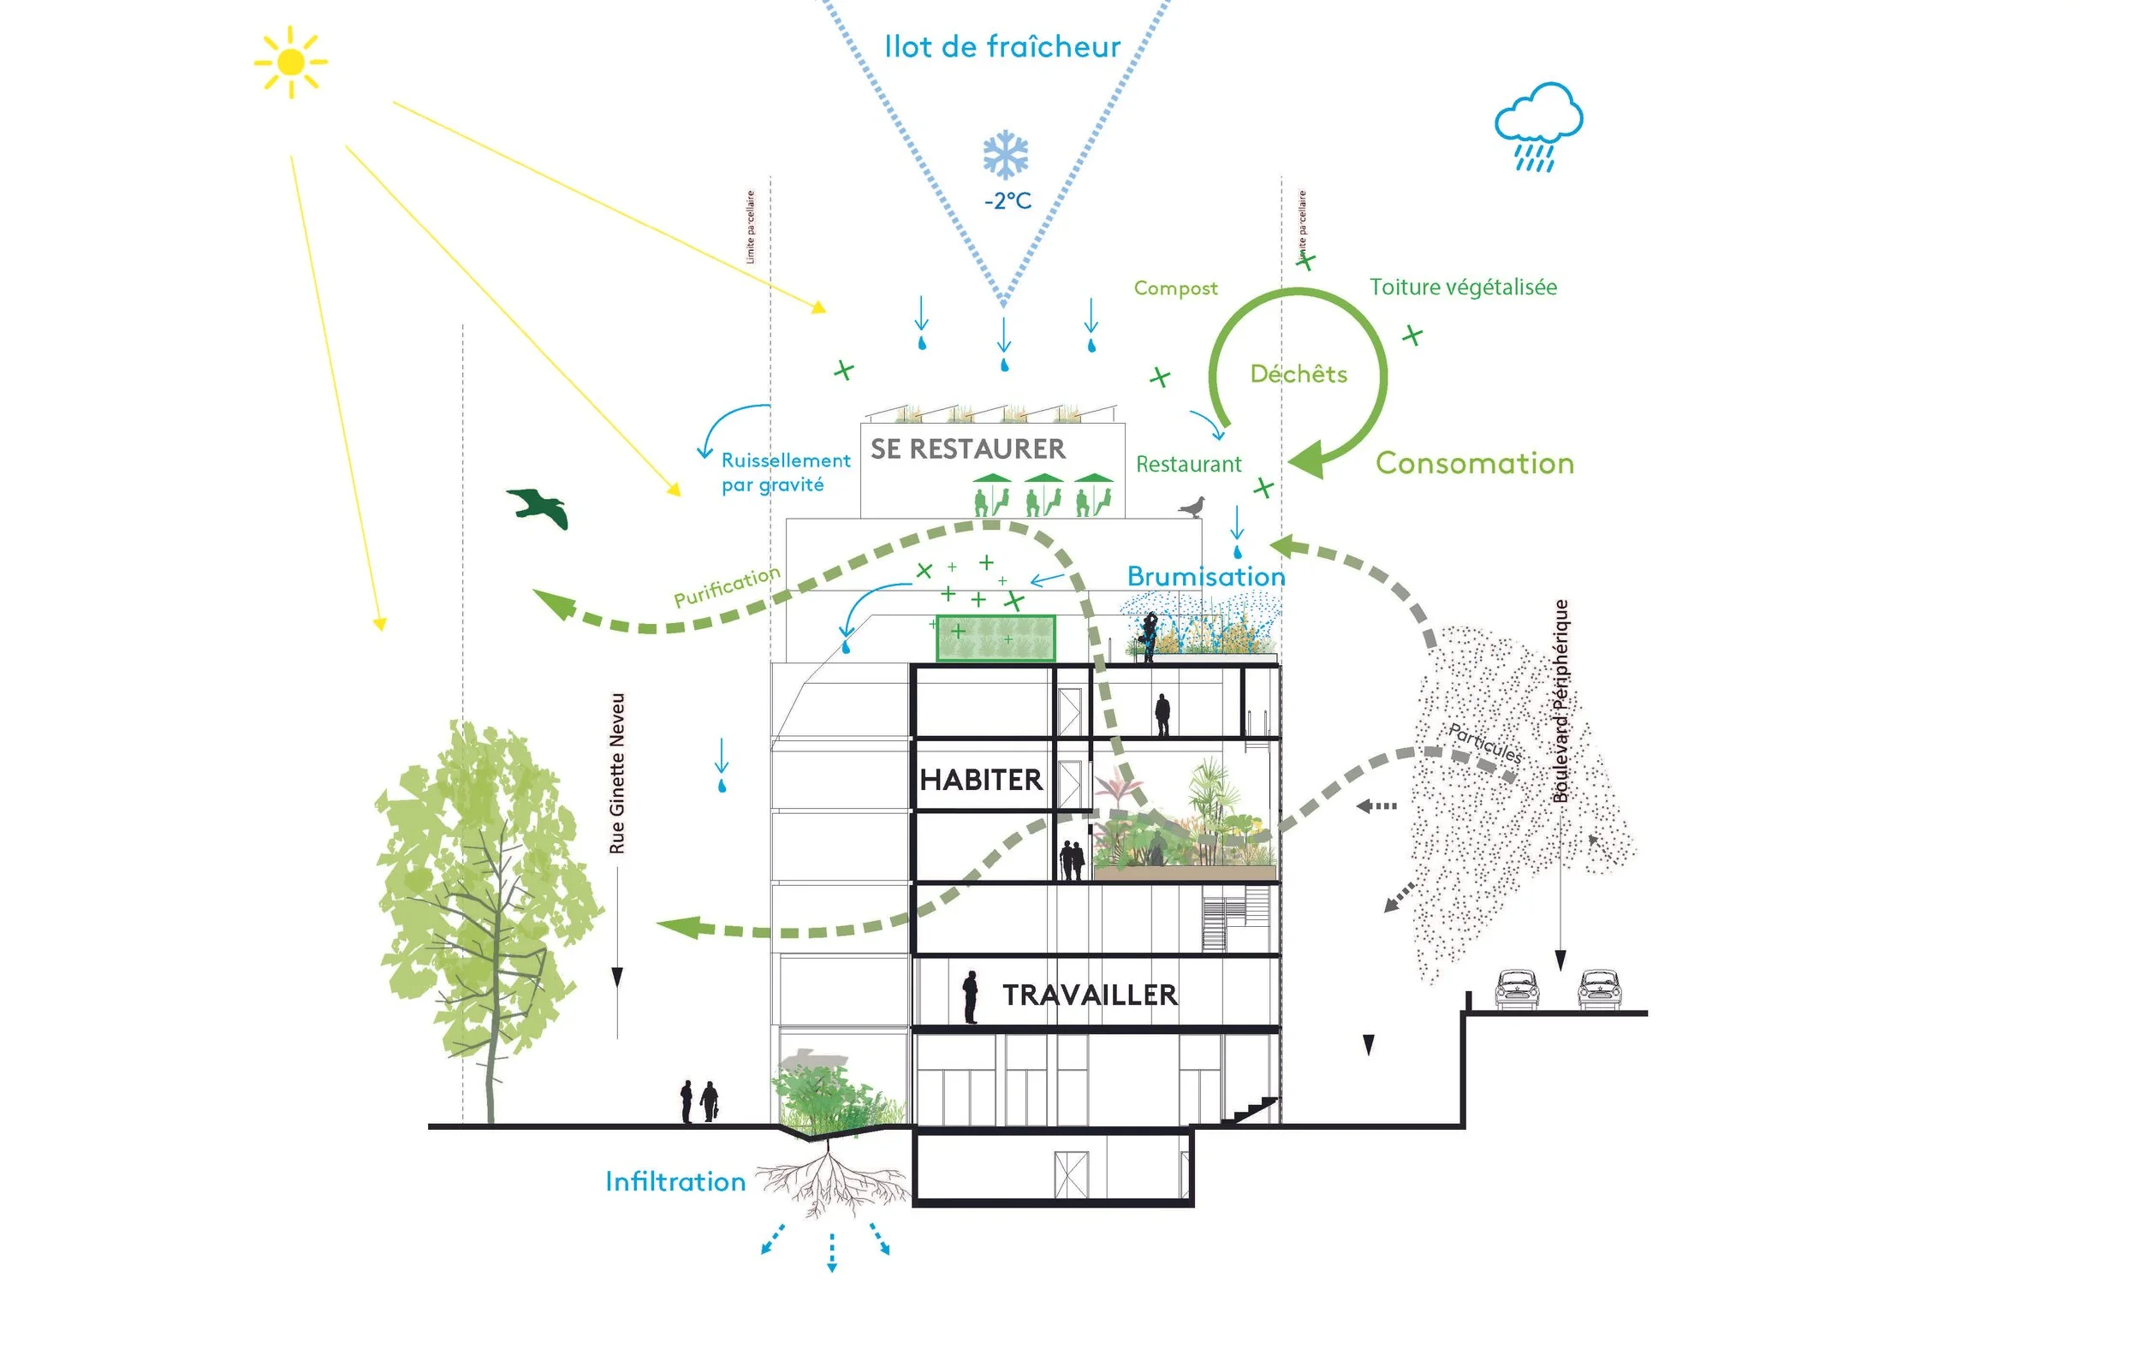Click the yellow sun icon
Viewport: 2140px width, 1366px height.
[x=290, y=62]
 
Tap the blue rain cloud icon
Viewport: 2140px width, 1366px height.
[x=1538, y=124]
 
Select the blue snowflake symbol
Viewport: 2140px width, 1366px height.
[x=1006, y=156]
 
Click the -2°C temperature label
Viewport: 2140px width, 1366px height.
[x=1008, y=201]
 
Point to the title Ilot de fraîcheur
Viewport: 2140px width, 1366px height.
[x=1002, y=46]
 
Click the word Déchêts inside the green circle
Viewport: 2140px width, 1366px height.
[x=1299, y=373]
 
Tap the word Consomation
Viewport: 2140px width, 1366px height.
[x=1474, y=463]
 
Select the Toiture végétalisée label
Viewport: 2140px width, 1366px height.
[x=1463, y=287]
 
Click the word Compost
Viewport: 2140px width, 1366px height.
[x=1176, y=288]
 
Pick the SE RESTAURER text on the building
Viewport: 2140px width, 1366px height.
[x=968, y=448]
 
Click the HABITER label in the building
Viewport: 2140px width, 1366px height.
[x=981, y=780]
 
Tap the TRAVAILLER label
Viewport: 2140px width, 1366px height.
[x=1090, y=995]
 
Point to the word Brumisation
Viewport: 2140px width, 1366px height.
[x=1206, y=576]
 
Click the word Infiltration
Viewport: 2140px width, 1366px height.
[x=675, y=1181]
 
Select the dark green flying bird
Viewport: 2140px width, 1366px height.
[x=539, y=508]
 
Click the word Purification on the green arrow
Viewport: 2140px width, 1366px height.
[x=727, y=586]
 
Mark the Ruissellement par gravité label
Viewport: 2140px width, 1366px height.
[x=785, y=472]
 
